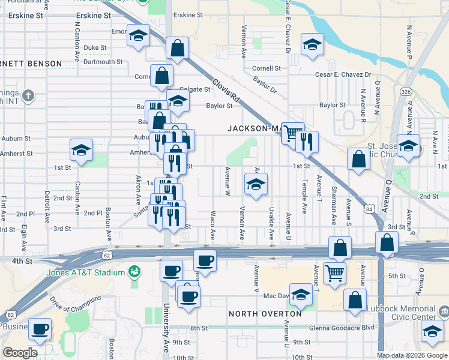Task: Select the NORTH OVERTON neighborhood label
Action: pos(265,314)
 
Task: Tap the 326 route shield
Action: pos(406,92)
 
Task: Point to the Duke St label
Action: pos(95,47)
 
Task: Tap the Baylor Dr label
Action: pos(264,84)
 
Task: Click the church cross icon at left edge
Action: pos(27,95)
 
